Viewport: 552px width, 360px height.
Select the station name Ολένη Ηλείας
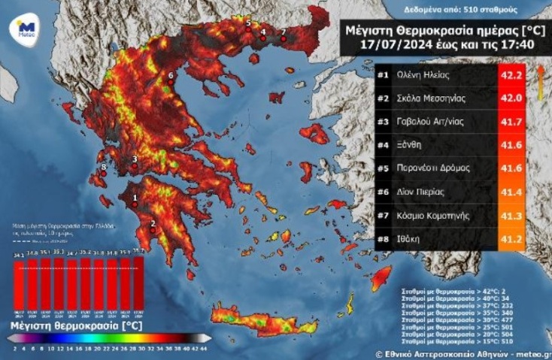tap(422, 75)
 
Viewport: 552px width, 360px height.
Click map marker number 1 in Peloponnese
tap(135, 204)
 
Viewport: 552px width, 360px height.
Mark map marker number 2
tap(153, 230)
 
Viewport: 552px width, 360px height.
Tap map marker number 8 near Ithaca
tap(104, 173)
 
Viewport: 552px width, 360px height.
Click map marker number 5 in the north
tap(249, 29)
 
